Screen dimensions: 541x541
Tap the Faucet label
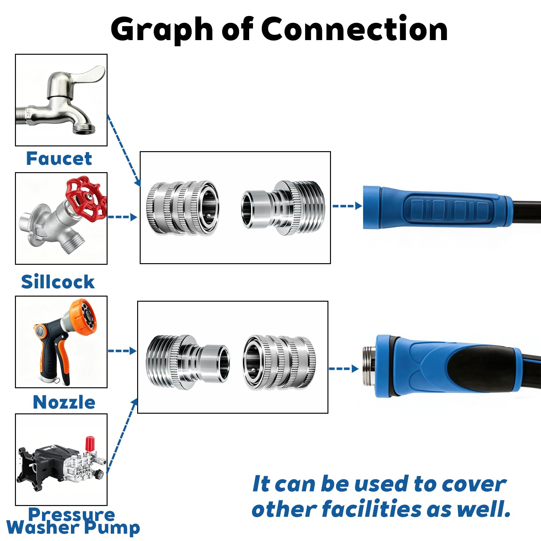[x=59, y=158]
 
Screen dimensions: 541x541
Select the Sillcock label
[x=58, y=282]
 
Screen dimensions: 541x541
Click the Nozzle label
[x=64, y=402]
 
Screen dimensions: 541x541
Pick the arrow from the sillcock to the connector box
[x=123, y=217]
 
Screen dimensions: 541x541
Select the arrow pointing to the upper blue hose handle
[x=347, y=206]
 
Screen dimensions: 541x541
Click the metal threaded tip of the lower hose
[x=369, y=366]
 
